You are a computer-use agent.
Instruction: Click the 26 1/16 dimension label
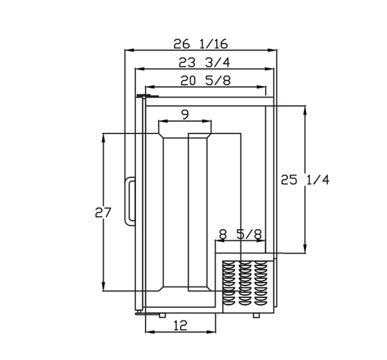(200, 44)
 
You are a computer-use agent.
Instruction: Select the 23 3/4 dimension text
(204, 62)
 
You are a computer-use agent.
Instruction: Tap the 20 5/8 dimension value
(206, 81)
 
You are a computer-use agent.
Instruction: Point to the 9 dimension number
(185, 115)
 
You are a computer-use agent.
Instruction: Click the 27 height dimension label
(103, 213)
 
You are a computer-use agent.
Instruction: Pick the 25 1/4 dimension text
(305, 180)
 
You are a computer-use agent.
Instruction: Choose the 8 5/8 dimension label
(240, 234)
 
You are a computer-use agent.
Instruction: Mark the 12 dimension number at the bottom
(181, 325)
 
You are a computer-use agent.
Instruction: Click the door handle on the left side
(130, 201)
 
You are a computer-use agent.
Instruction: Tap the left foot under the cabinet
(163, 315)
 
